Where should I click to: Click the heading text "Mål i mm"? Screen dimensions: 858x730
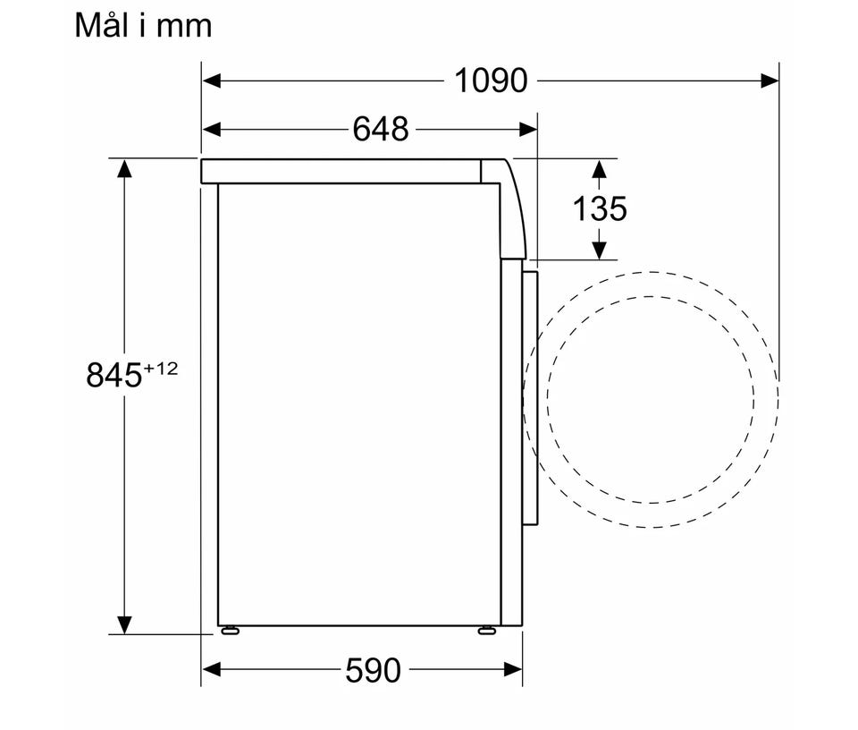tap(143, 26)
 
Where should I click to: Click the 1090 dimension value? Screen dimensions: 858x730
tap(491, 81)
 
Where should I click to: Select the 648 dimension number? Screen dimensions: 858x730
tap(381, 130)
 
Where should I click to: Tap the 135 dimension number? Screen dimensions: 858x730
tap(599, 208)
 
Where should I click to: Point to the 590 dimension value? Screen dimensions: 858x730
tap(374, 670)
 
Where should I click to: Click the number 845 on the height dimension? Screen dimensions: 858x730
tap(114, 375)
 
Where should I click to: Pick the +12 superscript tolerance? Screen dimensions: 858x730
tap(161, 369)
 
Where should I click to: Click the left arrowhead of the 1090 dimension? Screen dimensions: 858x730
tap(212, 81)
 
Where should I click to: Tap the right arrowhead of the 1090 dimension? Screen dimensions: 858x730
tap(770, 81)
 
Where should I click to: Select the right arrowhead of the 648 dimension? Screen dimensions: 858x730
tap(528, 130)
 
